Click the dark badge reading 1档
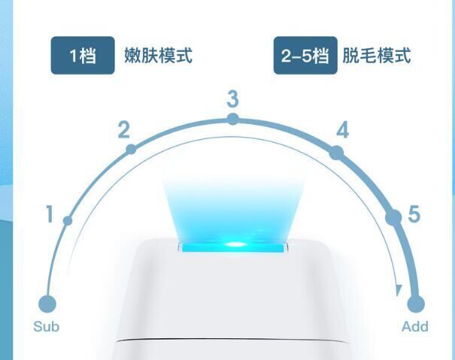pos(83,56)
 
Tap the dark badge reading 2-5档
pos(305,56)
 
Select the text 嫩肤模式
pos(158,56)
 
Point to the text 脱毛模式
pos(377,56)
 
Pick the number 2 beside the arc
pos(124,130)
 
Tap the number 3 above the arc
pos(232,99)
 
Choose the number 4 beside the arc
pos(342,131)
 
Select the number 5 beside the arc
pos(414,214)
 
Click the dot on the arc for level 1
pos(68,220)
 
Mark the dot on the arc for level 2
pos(131,150)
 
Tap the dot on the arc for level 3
pos(232,119)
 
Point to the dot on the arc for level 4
pos(336,152)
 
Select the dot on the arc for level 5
pos(393,218)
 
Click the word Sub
pos(46,326)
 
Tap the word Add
pos(415,326)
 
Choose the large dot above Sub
pos(47,304)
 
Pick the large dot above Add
pos(415,304)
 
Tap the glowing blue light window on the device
pos(232,245)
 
